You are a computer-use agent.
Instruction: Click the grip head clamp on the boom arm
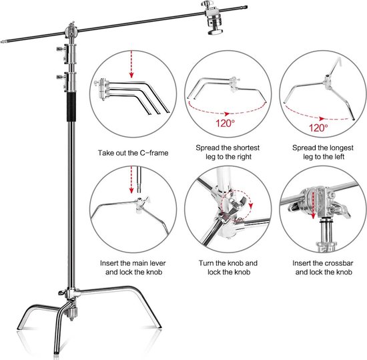213,18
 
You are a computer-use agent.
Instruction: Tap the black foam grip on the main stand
71,107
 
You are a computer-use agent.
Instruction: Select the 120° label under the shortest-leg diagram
225,123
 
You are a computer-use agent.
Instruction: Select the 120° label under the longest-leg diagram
318,128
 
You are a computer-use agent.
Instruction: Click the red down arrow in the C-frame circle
131,64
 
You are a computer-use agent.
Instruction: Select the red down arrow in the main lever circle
131,180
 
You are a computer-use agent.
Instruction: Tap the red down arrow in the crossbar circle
313,205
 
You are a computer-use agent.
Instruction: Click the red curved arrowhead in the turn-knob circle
251,206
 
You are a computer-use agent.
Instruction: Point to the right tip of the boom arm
247,7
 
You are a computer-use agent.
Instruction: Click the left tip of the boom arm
1,42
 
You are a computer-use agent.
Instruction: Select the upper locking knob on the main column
61,49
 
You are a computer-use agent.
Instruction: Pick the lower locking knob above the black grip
61,77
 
